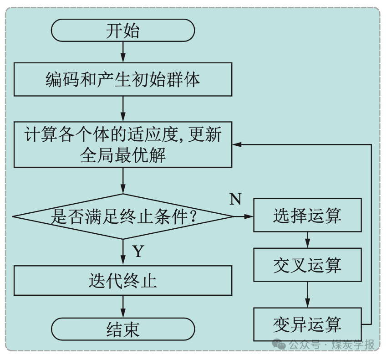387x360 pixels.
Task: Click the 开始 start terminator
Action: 123,31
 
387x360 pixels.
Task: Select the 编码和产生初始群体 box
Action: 123,79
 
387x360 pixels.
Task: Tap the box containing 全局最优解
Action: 123,144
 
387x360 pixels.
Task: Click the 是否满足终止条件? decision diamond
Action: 123,216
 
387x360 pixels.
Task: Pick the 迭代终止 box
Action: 123,281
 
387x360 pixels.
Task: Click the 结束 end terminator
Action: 123,329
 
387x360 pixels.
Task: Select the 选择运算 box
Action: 307,215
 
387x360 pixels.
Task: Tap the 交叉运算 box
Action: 307,265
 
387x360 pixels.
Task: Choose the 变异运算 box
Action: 307,324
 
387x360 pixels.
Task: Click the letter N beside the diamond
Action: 235,200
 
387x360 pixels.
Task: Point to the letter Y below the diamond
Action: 138,252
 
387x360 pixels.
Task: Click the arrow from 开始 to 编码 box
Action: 123,52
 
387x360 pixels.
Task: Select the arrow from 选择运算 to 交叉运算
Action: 307,240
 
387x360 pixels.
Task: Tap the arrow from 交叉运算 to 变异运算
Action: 307,294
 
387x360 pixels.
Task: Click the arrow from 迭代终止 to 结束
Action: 123,306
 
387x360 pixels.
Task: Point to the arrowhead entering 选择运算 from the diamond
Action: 249,216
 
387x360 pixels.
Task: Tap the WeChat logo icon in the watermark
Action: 279,344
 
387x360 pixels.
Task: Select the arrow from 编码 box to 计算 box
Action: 123,109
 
